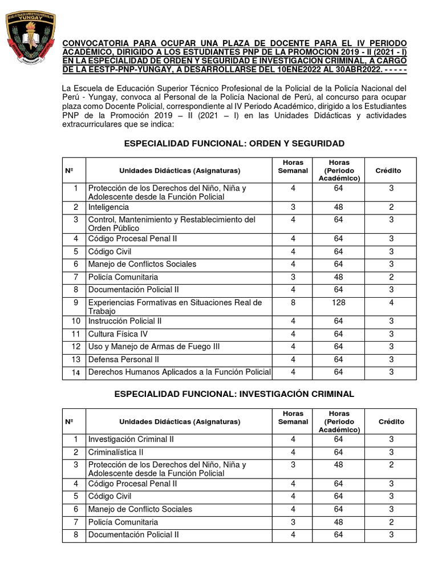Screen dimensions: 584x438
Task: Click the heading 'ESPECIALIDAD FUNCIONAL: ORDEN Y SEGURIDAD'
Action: [x=234, y=143]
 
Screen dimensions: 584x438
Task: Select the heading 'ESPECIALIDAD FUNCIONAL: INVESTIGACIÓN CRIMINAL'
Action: [x=234, y=394]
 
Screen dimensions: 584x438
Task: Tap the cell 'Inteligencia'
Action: [x=108, y=207]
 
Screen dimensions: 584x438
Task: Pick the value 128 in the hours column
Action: [x=339, y=303]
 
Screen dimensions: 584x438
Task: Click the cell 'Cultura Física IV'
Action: [x=117, y=334]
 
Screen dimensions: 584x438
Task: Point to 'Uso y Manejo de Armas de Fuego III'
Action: [x=151, y=347]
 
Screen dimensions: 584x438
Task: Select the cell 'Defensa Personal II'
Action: [x=123, y=359]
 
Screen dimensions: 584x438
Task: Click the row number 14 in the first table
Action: [x=75, y=372]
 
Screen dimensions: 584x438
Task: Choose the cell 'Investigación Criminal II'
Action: [x=131, y=439]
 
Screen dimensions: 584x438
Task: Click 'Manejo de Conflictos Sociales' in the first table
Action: [x=142, y=264]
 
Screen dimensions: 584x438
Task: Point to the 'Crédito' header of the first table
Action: [x=388, y=171]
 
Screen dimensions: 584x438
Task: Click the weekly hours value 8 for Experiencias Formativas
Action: [x=293, y=303]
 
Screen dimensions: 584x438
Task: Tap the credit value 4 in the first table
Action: [x=391, y=303]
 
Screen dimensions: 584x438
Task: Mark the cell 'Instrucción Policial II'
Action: [x=125, y=321]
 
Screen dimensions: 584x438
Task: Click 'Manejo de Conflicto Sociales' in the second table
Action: [x=140, y=509]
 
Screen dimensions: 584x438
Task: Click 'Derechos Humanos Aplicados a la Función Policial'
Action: [x=179, y=372]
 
